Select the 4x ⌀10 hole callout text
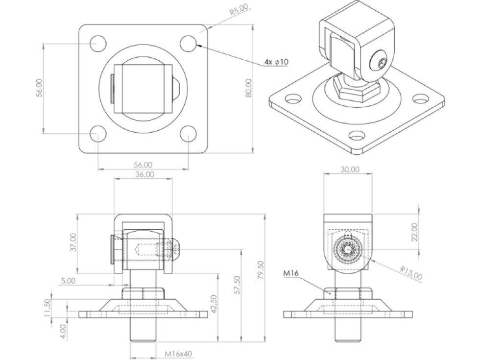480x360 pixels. click(277, 62)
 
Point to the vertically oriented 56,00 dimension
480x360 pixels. click(40, 88)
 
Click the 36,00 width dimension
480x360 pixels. click(144, 174)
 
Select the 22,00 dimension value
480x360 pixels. click(414, 232)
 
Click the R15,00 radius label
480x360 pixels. click(410, 273)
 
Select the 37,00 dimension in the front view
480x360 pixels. click(73, 242)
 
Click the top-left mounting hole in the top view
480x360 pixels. click(97, 43)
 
